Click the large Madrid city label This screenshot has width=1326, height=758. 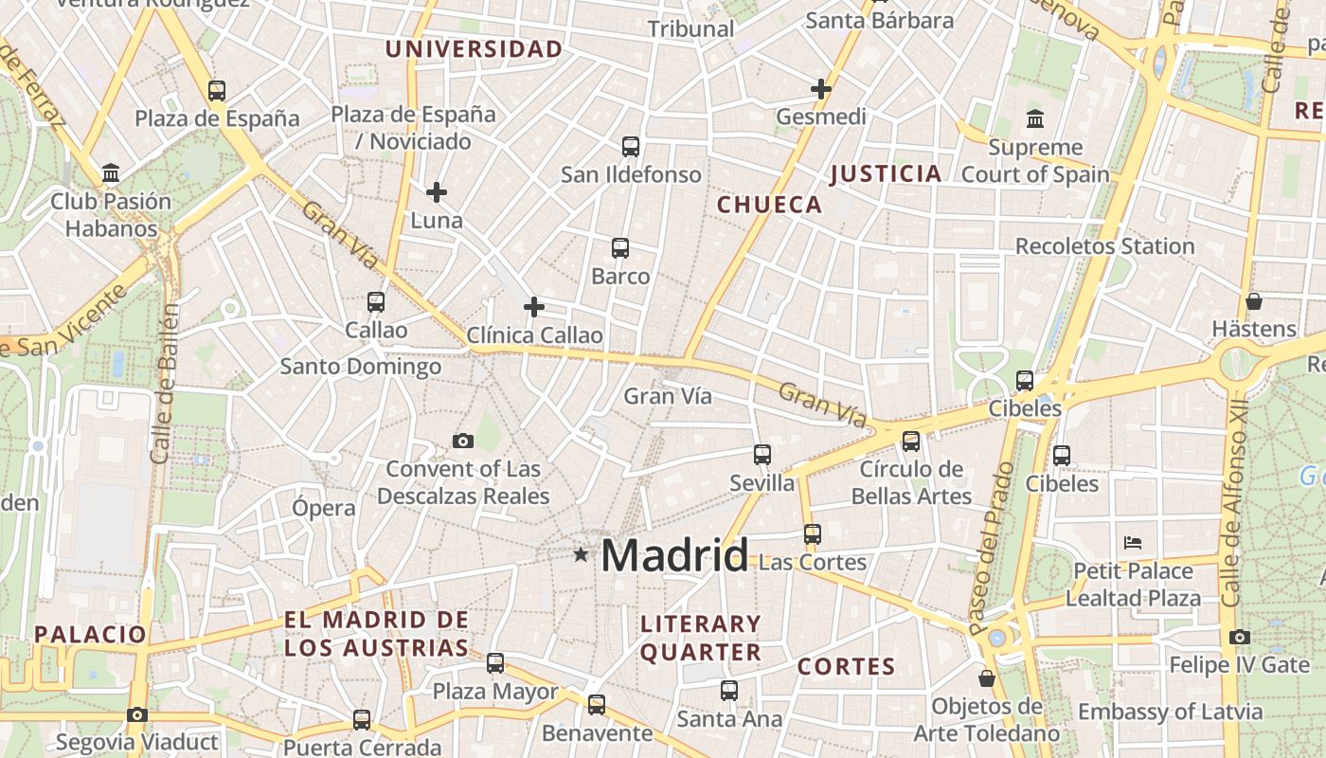(x=674, y=554)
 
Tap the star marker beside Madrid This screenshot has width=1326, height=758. (x=581, y=553)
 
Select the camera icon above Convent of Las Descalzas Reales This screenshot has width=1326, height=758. (x=463, y=441)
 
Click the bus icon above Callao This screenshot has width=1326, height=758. (x=376, y=302)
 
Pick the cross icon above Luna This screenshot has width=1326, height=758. (x=436, y=192)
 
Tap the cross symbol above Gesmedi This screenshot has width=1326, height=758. (x=820, y=89)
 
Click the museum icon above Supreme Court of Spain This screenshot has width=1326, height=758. (x=1035, y=119)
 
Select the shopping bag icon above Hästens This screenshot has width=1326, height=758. (x=1254, y=301)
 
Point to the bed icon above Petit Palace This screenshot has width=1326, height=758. (x=1133, y=543)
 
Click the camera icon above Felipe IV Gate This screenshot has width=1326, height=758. (x=1239, y=637)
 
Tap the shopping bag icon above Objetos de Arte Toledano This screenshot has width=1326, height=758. (x=987, y=678)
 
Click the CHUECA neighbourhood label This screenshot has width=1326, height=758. (x=769, y=205)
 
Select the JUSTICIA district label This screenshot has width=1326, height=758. (x=886, y=173)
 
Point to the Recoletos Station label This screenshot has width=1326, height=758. (x=1104, y=246)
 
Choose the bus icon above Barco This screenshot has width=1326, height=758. (x=620, y=248)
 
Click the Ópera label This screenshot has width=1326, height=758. (x=324, y=507)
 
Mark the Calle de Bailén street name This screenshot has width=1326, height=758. (x=165, y=384)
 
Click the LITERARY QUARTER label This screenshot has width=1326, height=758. (x=701, y=638)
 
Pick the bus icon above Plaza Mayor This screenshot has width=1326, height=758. (x=495, y=663)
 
